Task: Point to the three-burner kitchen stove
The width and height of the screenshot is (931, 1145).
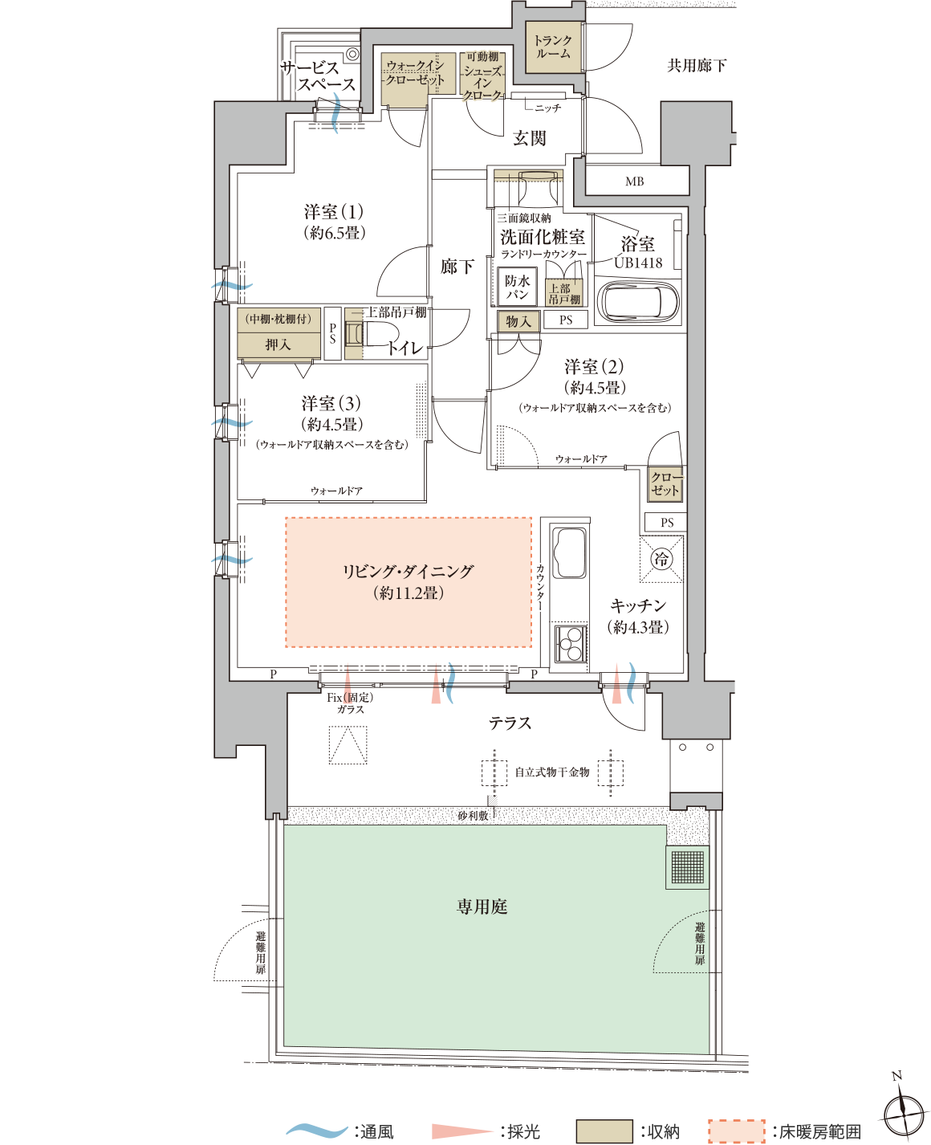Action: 570,643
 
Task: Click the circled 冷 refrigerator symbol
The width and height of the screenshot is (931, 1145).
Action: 661,559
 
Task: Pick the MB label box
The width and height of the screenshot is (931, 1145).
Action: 636,181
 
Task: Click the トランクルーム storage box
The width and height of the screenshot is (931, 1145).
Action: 553,47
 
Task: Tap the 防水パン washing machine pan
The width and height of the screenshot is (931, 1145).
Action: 517,287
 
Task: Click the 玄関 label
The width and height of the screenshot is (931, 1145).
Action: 529,138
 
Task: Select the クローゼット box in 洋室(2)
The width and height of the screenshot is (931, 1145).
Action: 665,484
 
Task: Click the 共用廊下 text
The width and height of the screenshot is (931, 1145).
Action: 697,66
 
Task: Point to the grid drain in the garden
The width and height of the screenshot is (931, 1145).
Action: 687,866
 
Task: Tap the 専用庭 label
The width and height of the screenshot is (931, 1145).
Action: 482,907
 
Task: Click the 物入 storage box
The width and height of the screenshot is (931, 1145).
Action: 518,321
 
